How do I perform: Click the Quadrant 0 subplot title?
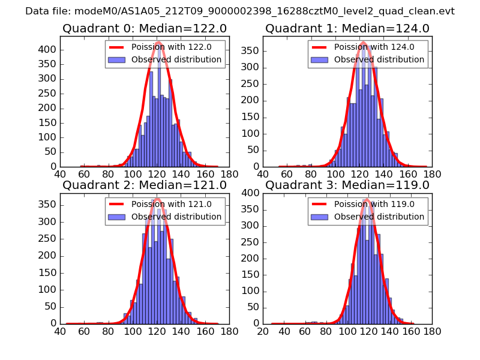pyautogui.click(x=145, y=29)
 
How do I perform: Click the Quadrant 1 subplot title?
pyautogui.click(x=347, y=29)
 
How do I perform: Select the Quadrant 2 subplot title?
pyautogui.click(x=145, y=185)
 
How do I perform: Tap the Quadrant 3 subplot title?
pyautogui.click(x=347, y=185)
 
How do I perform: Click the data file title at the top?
pyautogui.click(x=240, y=11)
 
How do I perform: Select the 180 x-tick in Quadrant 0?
pyautogui.click(x=229, y=173)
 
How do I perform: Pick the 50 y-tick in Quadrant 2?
pyautogui.click(x=52, y=307)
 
